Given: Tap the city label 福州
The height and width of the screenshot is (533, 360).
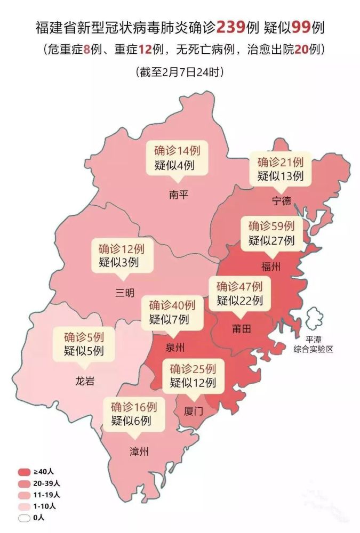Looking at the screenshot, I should click(271, 266).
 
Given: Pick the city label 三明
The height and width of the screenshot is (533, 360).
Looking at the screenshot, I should click(125, 293).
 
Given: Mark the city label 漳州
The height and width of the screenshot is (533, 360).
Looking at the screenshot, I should click(139, 452).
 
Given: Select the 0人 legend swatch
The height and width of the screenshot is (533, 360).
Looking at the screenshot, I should click(24, 517).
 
